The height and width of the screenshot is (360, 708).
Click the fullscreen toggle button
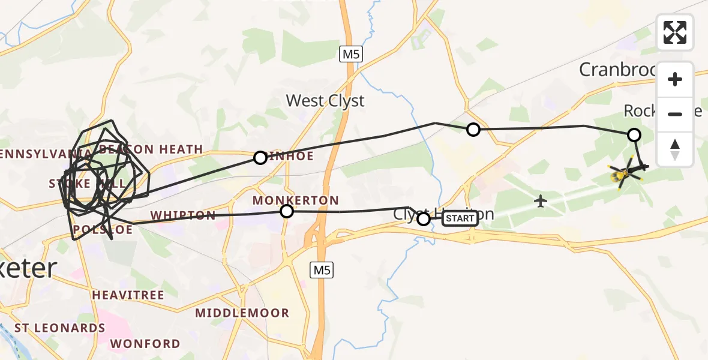(x=675, y=32)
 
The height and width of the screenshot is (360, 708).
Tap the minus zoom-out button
(x=675, y=114)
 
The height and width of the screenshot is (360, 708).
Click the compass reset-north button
(x=675, y=149)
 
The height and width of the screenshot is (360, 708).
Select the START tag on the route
(x=460, y=218)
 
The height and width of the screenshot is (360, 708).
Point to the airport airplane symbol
(x=541, y=201)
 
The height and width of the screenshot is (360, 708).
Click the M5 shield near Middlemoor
(x=321, y=271)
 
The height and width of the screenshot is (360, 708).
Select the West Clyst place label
(x=325, y=101)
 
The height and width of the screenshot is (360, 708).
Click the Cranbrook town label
(x=618, y=70)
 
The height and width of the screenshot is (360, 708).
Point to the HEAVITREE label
(x=128, y=295)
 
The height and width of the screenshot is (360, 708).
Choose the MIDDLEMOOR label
(x=242, y=313)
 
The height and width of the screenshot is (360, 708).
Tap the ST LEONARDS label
(x=59, y=328)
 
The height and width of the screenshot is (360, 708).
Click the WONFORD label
(x=145, y=344)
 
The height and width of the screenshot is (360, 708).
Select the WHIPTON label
(x=183, y=215)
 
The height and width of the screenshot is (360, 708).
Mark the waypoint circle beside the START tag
(x=424, y=219)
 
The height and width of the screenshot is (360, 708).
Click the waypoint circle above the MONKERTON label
(x=287, y=211)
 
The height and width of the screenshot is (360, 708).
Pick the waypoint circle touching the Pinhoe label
(x=260, y=158)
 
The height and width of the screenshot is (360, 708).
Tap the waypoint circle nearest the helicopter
(x=634, y=135)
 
